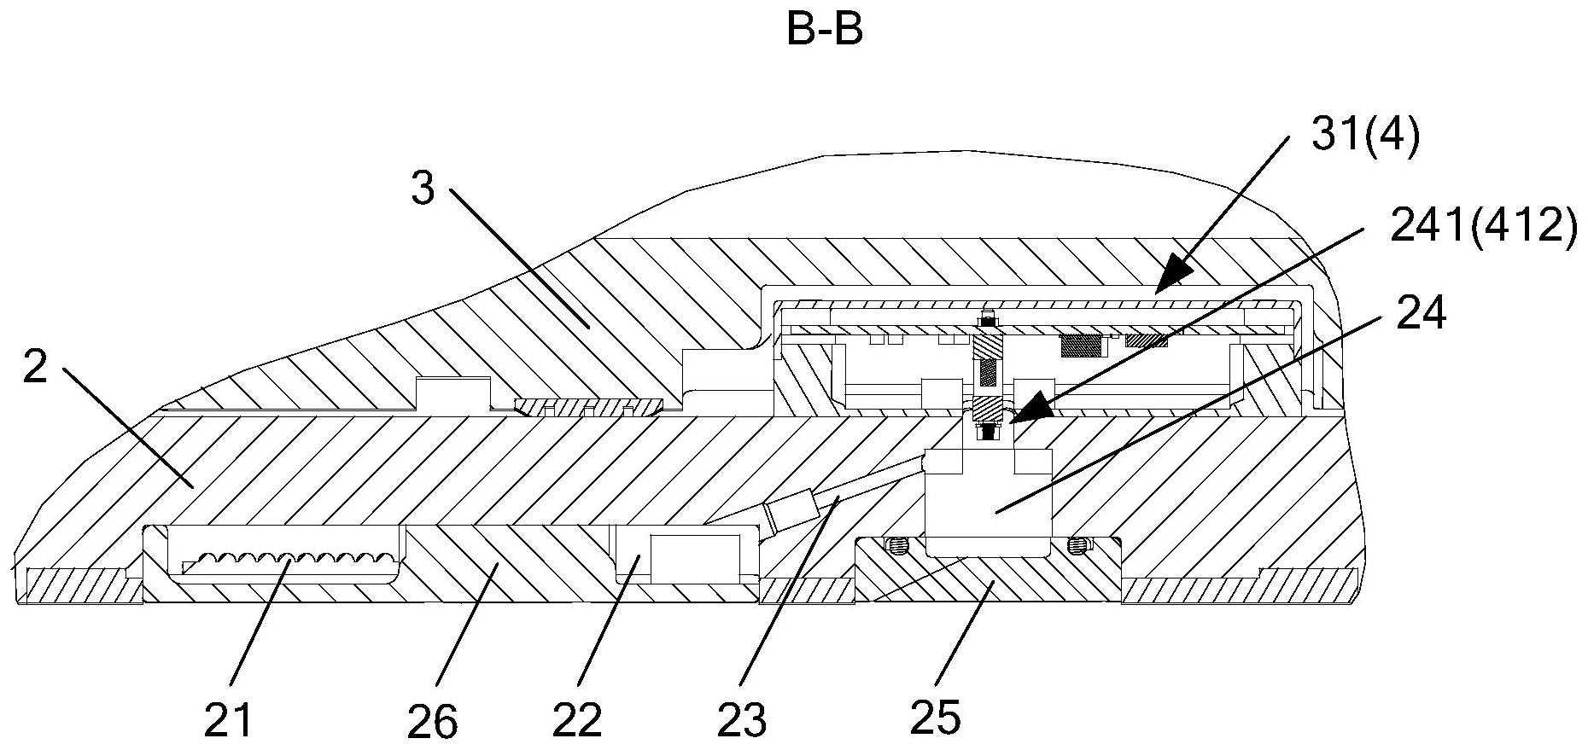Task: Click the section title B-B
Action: pos(824,30)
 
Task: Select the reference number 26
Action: pos(433,721)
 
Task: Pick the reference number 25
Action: pos(936,717)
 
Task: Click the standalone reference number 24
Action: pos(1422,313)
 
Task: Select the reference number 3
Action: pos(423,189)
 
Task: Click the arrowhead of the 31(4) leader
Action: pos(1165,283)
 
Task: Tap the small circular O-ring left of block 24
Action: pos(896,544)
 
